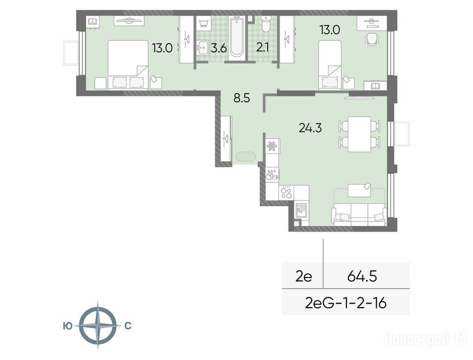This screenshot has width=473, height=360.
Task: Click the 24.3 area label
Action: coord(310,128)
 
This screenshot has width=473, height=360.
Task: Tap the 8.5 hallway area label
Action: coord(242,98)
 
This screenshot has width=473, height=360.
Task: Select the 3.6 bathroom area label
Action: coord(218,48)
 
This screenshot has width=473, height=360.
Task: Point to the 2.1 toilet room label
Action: coord(263,48)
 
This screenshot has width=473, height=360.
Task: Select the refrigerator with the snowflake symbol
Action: coord(273,146)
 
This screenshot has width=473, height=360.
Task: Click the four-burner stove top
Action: coord(286,192)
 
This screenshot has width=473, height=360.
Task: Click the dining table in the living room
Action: coord(359,134)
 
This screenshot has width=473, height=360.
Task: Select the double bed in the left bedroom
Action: coord(128,65)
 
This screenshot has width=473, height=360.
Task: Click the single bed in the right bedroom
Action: coord(330,65)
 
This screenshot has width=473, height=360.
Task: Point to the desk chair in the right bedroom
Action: coord(372,39)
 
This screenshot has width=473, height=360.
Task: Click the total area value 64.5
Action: coord(362,276)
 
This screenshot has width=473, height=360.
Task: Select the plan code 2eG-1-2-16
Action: coord(345,303)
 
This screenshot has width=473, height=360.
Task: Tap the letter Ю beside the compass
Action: coord(68,326)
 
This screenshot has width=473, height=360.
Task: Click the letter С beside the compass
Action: coord(128,326)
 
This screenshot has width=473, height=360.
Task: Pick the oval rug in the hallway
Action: coord(246,157)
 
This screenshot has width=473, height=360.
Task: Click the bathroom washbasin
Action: coord(203,48)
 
